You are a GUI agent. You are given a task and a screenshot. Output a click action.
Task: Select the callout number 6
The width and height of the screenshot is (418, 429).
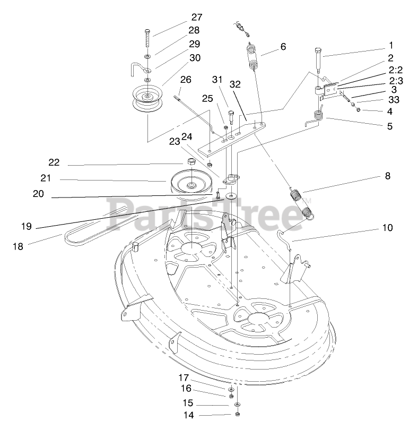[283, 46]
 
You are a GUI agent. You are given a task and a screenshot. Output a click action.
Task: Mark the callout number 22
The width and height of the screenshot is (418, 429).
[54, 162]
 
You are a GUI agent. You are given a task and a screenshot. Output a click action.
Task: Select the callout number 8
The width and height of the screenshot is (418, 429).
[387, 176]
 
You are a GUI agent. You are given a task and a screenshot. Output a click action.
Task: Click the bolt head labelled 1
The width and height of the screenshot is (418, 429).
[317, 52]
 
